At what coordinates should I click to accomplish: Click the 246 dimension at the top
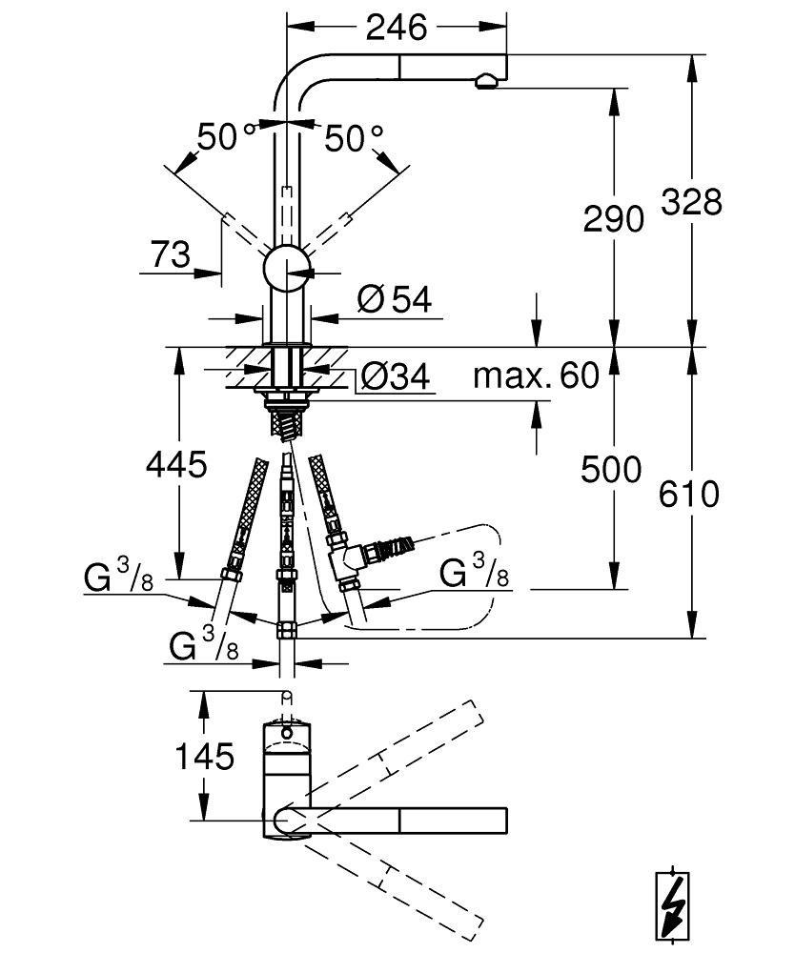pos(397,29)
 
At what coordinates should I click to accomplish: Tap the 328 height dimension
pos(692,202)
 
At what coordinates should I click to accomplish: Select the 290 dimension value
pos(613,220)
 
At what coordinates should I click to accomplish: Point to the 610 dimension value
pos(689,495)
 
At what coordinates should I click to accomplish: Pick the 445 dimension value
pos(175,465)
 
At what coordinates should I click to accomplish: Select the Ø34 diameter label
pos(396,378)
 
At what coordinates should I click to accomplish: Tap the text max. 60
pos(537,375)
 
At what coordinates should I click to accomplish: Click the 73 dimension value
pos(170,254)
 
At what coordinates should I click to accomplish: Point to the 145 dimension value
pos(203,757)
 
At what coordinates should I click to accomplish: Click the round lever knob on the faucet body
pos(286,267)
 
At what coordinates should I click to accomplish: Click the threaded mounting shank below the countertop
pos(287,419)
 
